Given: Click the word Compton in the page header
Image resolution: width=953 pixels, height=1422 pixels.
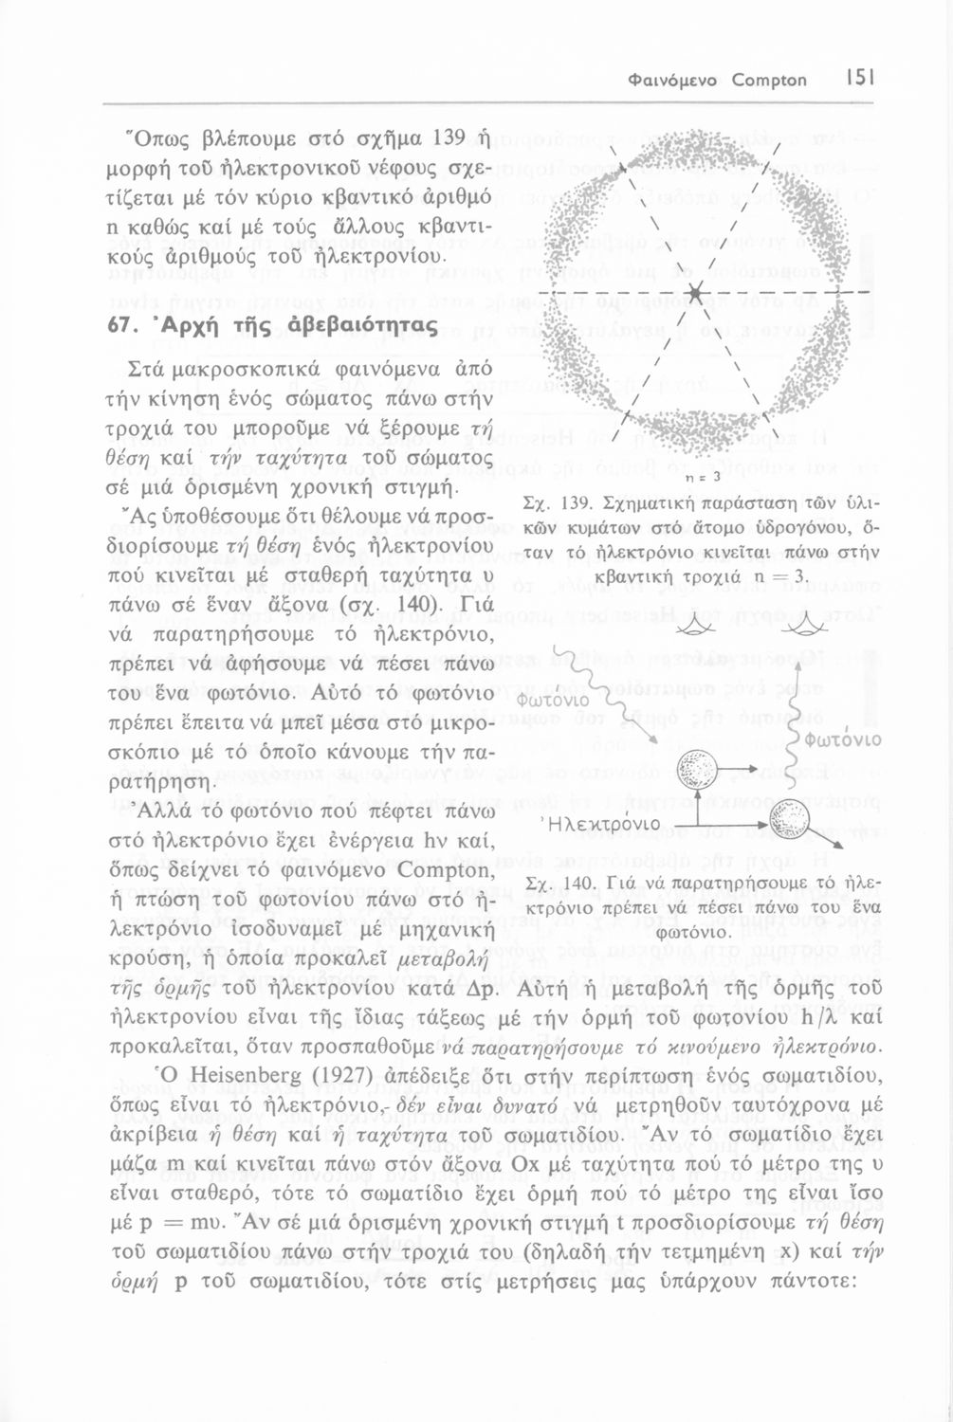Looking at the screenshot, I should pos(769,81).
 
